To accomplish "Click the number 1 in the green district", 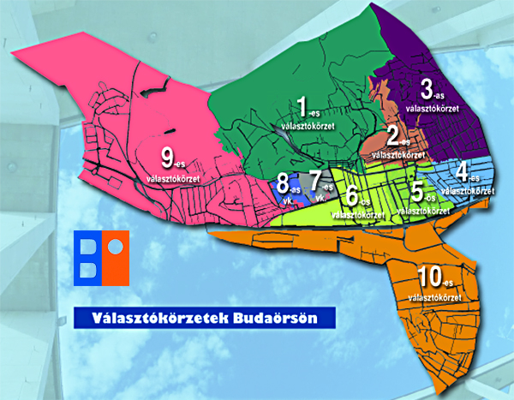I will click(301, 107).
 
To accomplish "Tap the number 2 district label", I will click(394, 136).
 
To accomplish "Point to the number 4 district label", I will click(463, 170).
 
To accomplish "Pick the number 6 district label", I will click(350, 196).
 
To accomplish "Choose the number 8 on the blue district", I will click(282, 183).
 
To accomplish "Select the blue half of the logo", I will click(87, 258).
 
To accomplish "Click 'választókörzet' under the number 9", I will click(174, 178).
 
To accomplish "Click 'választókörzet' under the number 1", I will click(307, 126).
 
